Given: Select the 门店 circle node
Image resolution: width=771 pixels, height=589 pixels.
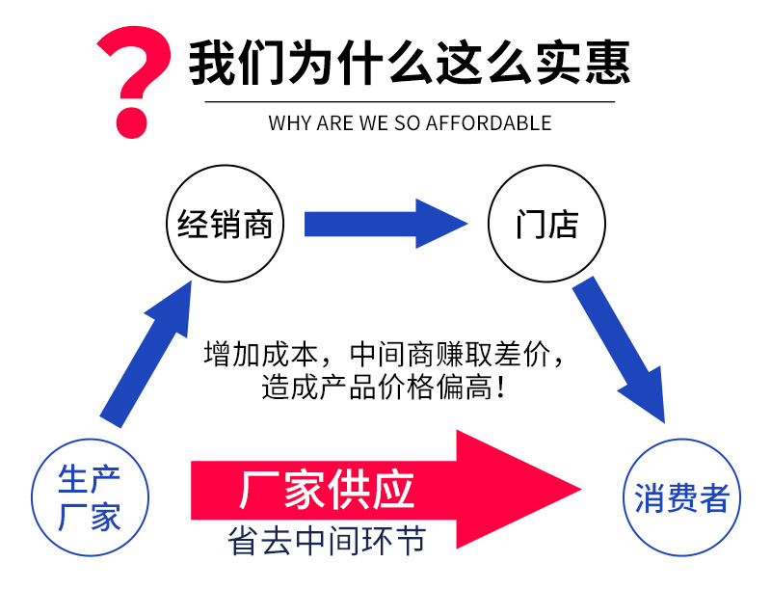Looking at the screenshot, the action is coord(546,226).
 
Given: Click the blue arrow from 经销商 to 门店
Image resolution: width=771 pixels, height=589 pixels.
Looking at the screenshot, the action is coord(385,224).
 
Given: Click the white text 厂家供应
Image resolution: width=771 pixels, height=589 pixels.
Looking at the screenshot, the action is coord(327,490).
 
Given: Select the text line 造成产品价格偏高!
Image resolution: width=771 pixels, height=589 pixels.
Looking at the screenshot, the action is coord(383,388).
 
